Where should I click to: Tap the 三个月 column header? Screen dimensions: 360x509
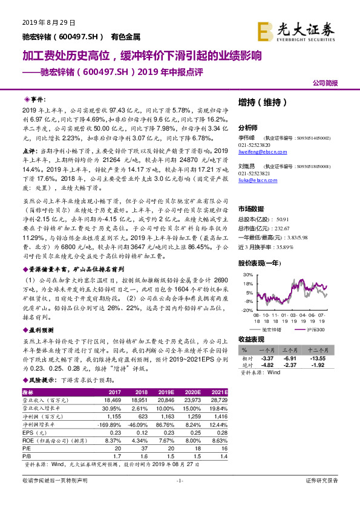pos(301,349)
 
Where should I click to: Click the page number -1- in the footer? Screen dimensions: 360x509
pos(179,497)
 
